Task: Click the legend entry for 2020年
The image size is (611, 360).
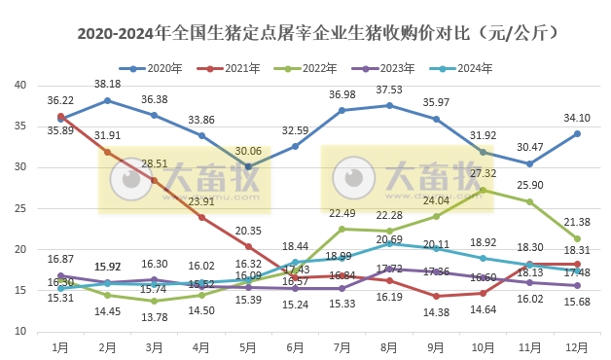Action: (x=159, y=68)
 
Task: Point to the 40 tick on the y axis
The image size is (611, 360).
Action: (x=20, y=85)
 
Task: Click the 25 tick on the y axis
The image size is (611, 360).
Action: (x=20, y=208)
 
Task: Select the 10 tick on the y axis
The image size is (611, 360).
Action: (x=20, y=332)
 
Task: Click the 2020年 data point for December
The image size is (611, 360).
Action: (x=577, y=133)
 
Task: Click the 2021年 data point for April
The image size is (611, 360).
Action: (x=201, y=217)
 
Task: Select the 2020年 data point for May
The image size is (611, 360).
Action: (x=248, y=166)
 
